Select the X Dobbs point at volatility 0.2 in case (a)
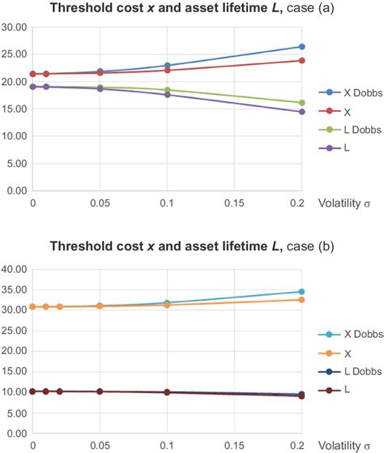(x=301, y=47)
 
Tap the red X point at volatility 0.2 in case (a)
(x=301, y=61)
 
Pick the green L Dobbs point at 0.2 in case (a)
(x=301, y=103)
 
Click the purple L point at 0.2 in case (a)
(x=301, y=112)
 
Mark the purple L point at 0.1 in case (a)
(x=167, y=95)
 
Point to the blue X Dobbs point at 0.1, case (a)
(x=167, y=66)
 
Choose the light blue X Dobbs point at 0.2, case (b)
(x=301, y=292)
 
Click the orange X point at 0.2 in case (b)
(x=301, y=300)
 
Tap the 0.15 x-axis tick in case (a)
(x=233, y=203)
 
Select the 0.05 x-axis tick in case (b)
(x=100, y=446)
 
